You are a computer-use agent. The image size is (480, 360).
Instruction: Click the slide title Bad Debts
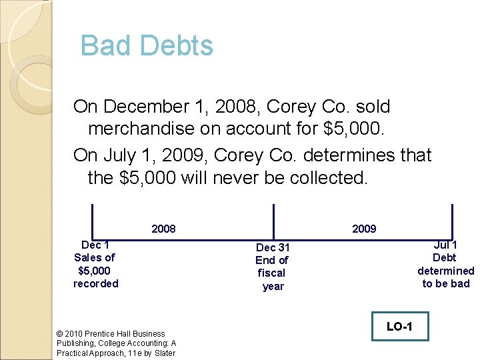coord(147,46)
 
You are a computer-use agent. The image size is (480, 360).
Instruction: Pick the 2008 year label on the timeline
coord(163,229)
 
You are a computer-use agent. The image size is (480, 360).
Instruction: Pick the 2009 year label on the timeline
coord(364,229)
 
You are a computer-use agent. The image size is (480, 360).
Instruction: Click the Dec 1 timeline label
coord(95,245)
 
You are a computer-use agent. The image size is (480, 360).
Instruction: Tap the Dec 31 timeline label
coord(273,247)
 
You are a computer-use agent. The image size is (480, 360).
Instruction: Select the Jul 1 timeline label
coord(445,245)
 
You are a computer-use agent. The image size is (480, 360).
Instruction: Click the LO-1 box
coord(399,326)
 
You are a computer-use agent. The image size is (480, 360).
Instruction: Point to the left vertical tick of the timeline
coord(92,221)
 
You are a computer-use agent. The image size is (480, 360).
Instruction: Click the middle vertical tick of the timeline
coord(273,221)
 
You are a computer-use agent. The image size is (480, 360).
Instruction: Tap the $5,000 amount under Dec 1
coord(95,271)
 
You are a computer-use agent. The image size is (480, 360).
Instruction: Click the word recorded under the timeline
coord(95,283)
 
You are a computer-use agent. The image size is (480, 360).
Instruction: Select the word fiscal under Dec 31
coord(271,273)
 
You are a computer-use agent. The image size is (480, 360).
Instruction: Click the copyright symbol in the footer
coord(61,333)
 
